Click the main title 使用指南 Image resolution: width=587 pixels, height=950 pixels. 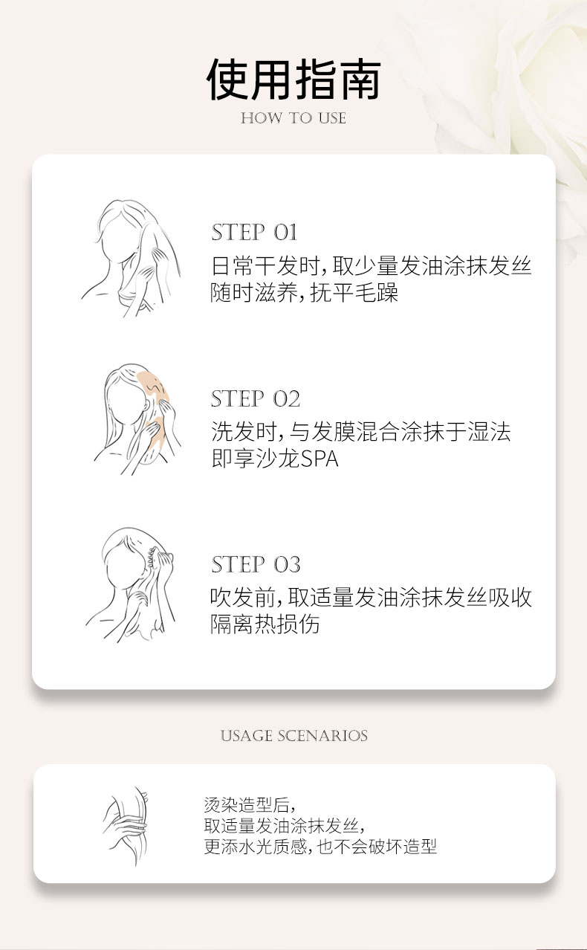pos(293,80)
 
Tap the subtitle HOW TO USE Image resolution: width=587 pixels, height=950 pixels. pos(293,118)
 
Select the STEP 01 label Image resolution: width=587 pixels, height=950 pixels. pos(254,233)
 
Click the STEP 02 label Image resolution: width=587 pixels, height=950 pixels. pos(255,398)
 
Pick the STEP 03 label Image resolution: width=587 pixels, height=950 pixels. pos(255,564)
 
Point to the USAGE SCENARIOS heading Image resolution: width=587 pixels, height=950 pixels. pos(293,736)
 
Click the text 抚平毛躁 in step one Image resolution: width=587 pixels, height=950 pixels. pos(354,293)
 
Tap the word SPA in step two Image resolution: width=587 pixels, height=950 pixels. pos(320,459)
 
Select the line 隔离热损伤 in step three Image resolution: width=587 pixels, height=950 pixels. pos(265,624)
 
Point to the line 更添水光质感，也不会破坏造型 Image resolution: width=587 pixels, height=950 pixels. pos(320,847)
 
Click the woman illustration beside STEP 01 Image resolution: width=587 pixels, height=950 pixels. pos(131,259)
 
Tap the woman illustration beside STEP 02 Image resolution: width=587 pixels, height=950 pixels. pos(137,419)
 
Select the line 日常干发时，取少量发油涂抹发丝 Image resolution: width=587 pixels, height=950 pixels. pos(372,266)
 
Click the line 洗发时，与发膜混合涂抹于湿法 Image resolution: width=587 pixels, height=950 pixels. pos(361,432)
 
